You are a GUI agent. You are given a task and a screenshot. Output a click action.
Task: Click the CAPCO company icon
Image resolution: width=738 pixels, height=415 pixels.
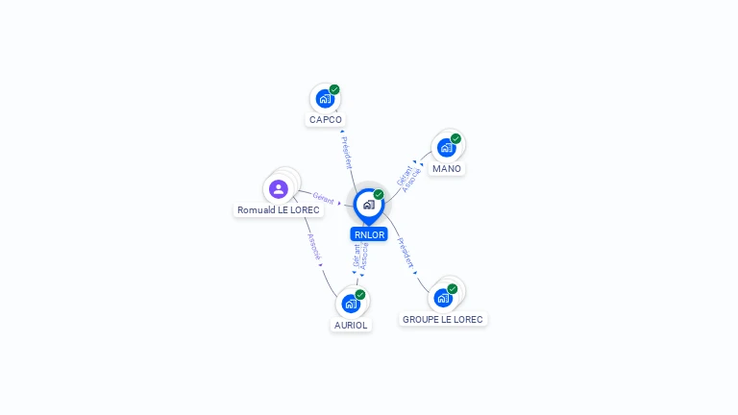click(x=325, y=98)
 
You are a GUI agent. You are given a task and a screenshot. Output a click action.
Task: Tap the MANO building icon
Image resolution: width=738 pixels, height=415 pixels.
click(x=446, y=147)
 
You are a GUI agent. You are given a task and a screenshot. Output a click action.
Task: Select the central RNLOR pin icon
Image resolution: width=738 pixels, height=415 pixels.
click(x=368, y=205)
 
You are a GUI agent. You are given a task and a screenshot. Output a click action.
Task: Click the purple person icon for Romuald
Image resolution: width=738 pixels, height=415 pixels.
click(x=279, y=188)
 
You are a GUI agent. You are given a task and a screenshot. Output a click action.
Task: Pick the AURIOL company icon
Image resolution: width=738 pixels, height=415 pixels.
click(x=351, y=304)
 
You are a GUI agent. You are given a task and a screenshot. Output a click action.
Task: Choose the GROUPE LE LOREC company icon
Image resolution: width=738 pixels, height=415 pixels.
click(x=443, y=297)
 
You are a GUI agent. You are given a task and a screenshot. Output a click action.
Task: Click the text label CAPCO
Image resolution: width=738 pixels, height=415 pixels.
click(x=325, y=120)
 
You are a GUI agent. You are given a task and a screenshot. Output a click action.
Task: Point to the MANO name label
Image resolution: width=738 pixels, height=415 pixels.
click(x=446, y=169)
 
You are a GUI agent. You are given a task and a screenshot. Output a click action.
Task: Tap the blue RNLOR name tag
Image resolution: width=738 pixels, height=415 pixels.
click(x=368, y=234)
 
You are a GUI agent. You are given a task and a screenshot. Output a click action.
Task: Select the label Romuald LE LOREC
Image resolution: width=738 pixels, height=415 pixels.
click(x=279, y=209)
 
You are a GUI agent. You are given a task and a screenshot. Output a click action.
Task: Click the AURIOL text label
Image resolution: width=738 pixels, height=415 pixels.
click(x=351, y=326)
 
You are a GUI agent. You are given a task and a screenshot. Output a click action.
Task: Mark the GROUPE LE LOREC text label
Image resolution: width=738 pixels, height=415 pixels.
click(x=443, y=319)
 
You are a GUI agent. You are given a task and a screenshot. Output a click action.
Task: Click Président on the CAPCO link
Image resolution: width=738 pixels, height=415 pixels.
click(x=347, y=152)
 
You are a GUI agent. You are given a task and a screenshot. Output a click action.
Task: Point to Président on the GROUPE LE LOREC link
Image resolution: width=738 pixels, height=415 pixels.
click(x=406, y=252)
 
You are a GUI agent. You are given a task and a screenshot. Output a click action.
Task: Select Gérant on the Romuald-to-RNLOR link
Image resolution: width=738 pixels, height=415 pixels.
click(x=324, y=199)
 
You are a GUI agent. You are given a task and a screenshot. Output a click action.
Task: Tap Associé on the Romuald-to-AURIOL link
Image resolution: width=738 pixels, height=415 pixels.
click(x=313, y=247)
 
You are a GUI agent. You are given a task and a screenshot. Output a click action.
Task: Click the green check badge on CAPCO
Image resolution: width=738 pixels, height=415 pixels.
click(x=334, y=89)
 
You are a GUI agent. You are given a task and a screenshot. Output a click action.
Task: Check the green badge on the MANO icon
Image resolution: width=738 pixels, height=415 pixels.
click(x=455, y=138)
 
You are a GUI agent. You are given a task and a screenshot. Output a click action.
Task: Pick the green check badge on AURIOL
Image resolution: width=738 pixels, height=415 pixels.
click(x=360, y=295)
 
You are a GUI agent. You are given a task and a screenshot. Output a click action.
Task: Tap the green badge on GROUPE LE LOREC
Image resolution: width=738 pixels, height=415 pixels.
click(x=453, y=288)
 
